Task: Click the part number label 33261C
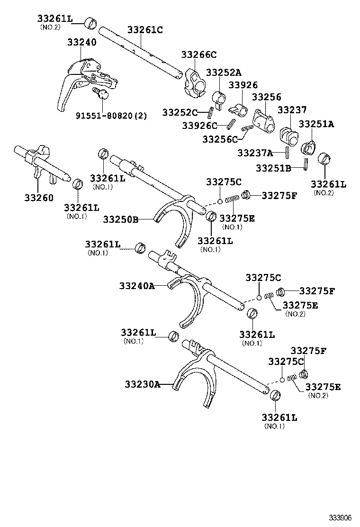pos(145,30)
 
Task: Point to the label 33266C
pos(199,55)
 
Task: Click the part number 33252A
pos(223,73)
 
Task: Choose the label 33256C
pos(220,139)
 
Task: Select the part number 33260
pos(39,197)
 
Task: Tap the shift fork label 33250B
pos(121,219)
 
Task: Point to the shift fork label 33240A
pos(137,286)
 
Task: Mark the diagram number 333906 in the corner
pos(341,517)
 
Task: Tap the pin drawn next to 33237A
pos(288,153)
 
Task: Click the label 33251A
pos(316,124)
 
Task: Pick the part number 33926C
pos(200,126)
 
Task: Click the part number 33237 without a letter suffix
pos(292,110)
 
